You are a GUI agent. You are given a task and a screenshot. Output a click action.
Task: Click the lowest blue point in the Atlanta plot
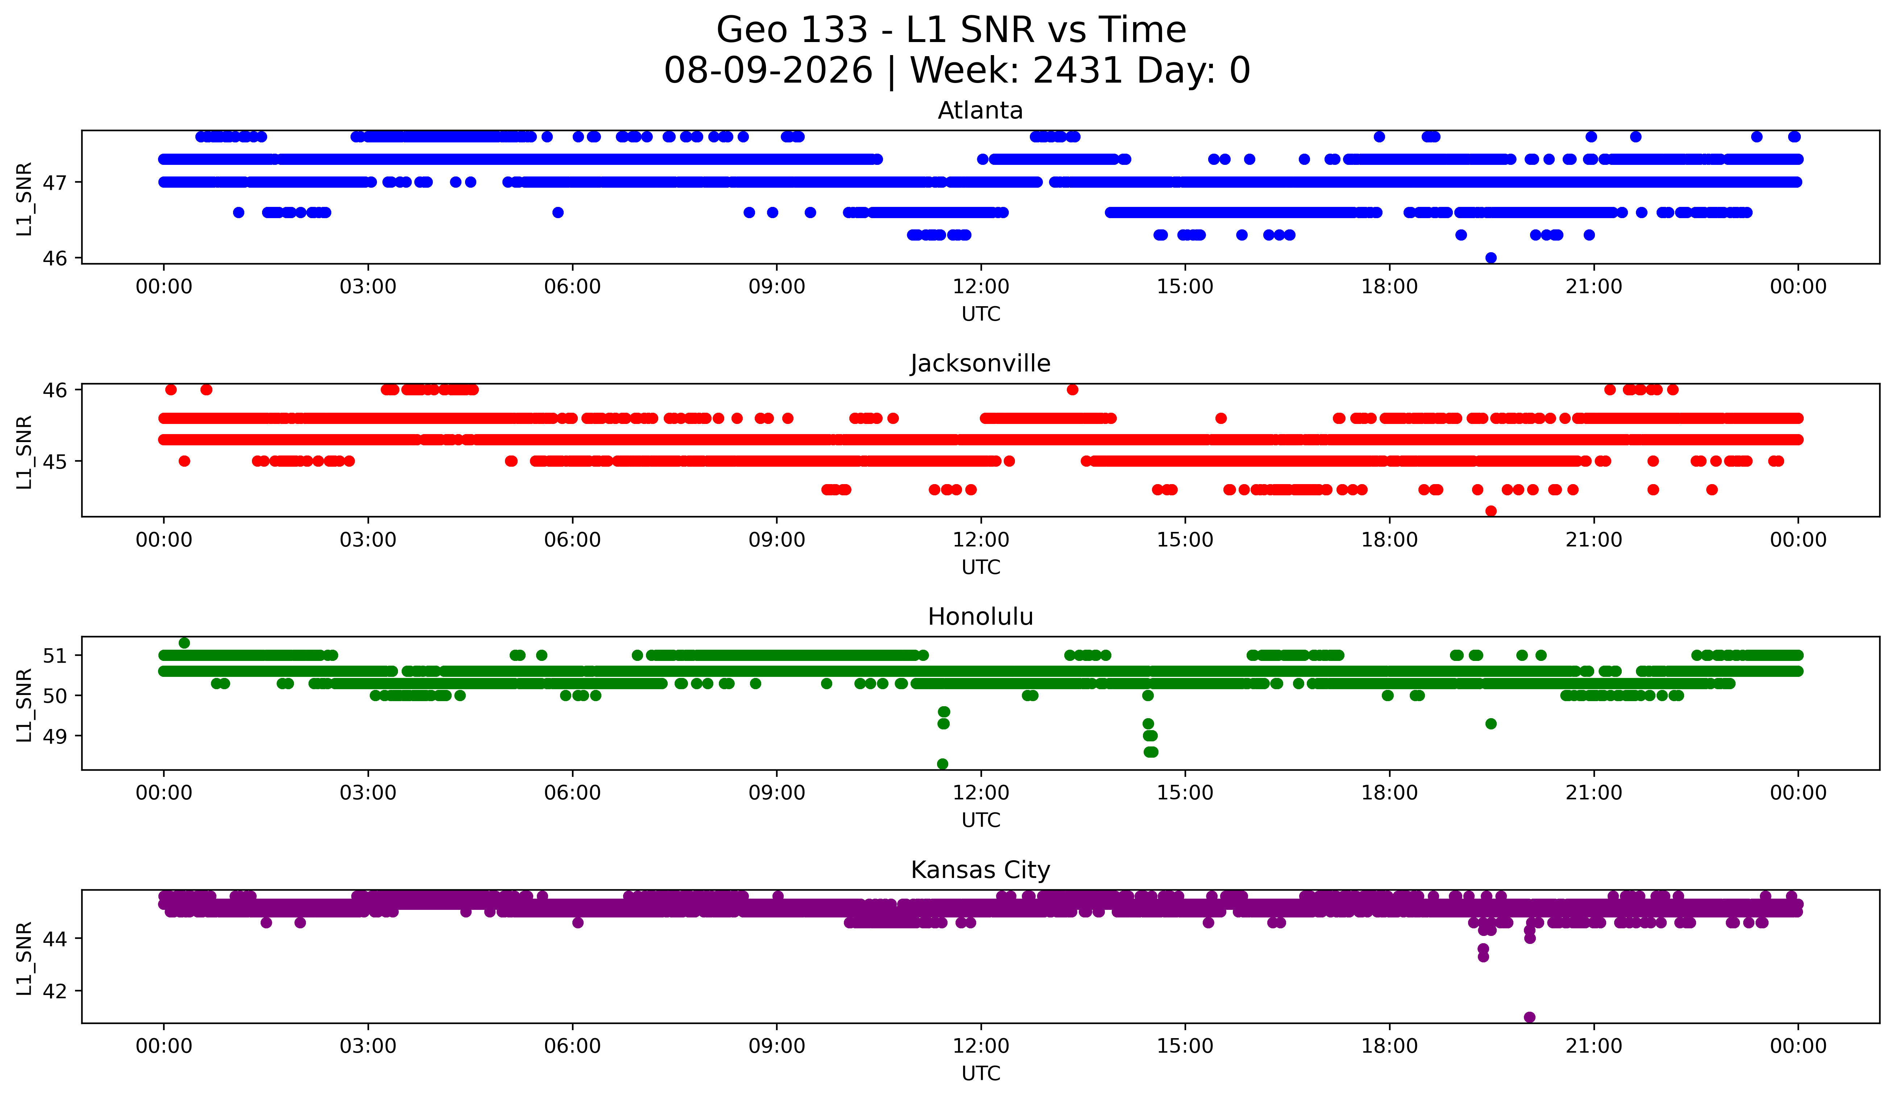(1491, 258)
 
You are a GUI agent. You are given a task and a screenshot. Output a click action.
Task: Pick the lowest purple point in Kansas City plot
(1529, 1017)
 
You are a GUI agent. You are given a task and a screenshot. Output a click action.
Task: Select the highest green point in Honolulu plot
(184, 643)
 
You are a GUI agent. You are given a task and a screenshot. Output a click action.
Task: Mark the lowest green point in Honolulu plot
(942, 764)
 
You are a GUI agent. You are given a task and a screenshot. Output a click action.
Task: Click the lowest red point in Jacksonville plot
(1491, 511)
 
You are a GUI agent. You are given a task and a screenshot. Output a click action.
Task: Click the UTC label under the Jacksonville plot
(981, 567)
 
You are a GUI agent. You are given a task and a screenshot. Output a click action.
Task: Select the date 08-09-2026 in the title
(768, 71)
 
